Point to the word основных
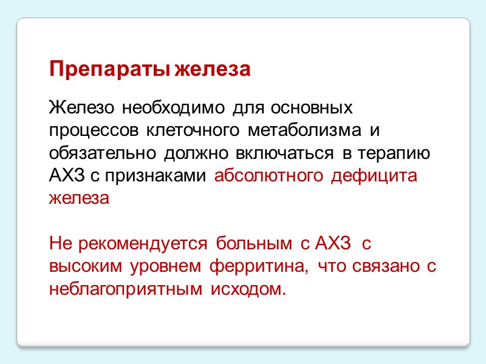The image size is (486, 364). click(312, 109)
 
